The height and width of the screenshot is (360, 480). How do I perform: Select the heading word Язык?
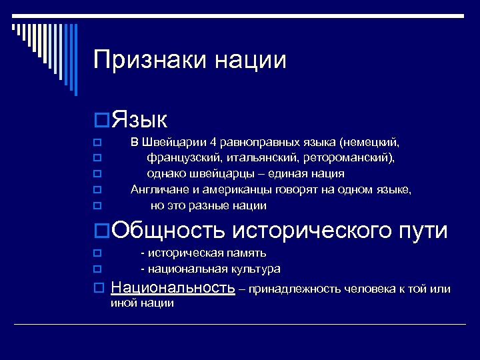pos(140,120)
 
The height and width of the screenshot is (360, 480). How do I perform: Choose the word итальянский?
pos(263,158)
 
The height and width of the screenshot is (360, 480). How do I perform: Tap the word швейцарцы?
pos(217,174)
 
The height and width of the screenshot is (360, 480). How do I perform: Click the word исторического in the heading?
pos(313,231)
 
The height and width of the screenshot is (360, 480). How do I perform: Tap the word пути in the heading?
pos(424,231)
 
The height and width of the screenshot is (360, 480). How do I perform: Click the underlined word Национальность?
pos(173,288)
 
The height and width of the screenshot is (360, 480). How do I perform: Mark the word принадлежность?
pos(295,289)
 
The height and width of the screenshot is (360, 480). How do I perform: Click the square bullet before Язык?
pos(102,121)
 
